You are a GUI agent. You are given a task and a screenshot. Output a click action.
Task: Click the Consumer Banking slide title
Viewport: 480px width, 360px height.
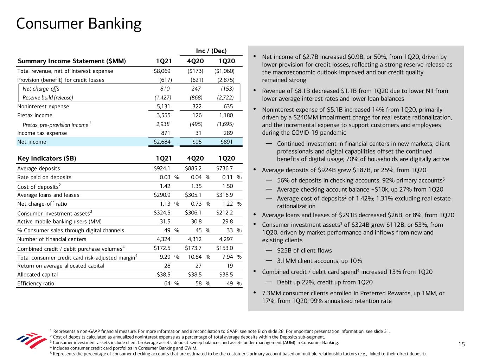79,24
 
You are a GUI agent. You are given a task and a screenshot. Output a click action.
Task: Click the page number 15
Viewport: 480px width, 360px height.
462,345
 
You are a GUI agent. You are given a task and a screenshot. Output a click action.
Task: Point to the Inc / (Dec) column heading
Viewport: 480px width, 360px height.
211,51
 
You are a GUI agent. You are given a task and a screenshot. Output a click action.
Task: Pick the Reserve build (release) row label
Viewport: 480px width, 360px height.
48,98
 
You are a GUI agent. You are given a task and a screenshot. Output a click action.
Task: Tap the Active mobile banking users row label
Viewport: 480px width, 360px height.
59,221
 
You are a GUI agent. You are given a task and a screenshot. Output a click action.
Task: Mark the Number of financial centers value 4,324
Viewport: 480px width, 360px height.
163,239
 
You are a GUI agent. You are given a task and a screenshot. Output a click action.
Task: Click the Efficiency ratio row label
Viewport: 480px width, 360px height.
36,283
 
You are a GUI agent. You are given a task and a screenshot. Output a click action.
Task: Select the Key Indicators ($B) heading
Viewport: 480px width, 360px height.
47,158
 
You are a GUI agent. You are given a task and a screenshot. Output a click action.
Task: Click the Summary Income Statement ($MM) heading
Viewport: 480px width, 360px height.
72,61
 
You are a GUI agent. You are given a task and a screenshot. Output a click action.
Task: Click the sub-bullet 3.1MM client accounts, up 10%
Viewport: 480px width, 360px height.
319,261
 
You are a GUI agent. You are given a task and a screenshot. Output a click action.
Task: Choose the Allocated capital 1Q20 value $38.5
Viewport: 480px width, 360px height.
224,275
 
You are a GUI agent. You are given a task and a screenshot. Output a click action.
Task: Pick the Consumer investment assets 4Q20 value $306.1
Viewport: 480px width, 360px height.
193,213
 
